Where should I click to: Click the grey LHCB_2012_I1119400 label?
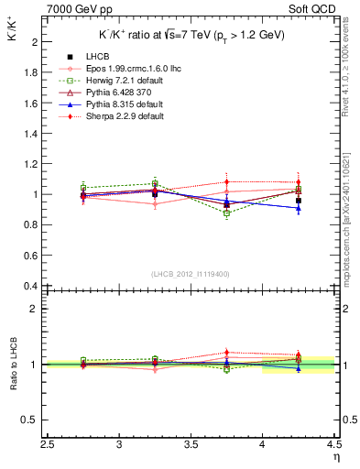coord(190,274)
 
